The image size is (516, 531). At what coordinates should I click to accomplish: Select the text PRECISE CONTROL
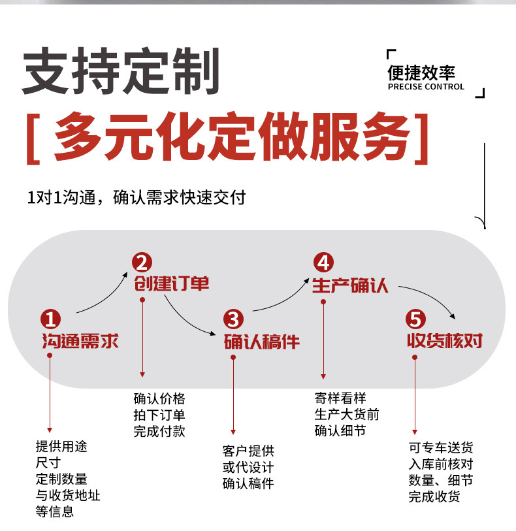click(x=425, y=87)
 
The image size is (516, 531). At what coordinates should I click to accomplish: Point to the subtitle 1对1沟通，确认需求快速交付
click(x=136, y=197)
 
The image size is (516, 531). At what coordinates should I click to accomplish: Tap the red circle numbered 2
click(x=141, y=263)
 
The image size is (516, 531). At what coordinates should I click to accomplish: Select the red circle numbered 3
click(x=233, y=319)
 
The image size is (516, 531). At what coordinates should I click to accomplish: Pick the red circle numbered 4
click(x=323, y=263)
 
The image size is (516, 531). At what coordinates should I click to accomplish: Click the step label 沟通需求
click(x=80, y=341)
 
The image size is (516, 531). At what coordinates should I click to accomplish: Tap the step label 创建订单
click(x=172, y=284)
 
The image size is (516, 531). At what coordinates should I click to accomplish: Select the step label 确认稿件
click(x=261, y=341)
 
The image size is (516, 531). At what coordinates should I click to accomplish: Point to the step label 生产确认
click(x=350, y=285)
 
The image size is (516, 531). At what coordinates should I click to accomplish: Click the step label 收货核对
click(x=444, y=341)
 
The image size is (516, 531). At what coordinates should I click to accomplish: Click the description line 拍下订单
click(x=159, y=415)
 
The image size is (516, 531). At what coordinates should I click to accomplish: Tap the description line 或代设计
click(x=248, y=468)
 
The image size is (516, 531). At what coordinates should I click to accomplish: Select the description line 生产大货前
click(x=346, y=414)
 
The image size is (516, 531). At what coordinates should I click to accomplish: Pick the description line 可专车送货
click(x=441, y=448)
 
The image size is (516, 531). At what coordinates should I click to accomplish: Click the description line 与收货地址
click(x=68, y=495)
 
